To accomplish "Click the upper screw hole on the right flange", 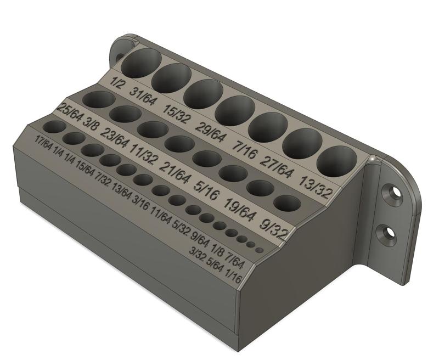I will [393, 195].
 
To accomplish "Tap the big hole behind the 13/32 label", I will [336, 161].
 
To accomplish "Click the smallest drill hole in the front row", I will [260, 250].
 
